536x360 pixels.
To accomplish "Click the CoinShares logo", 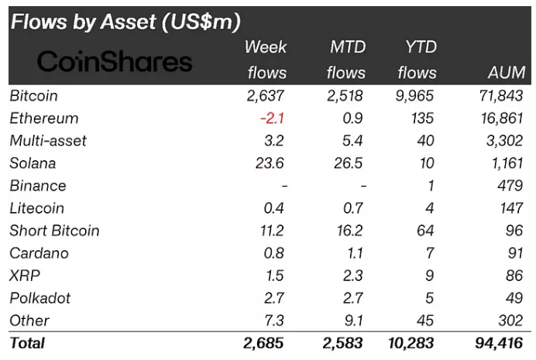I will [x=115, y=60].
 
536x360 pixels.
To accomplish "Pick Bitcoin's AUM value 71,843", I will [x=500, y=96].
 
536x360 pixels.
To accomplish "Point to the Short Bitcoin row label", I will [x=54, y=231].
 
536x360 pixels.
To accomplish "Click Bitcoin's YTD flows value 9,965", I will [x=414, y=96].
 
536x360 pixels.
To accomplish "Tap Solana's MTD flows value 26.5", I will [x=347, y=163].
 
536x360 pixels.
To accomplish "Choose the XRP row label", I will [x=25, y=276].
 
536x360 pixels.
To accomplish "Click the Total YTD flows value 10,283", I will [x=411, y=343].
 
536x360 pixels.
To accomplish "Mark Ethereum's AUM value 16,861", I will [x=500, y=118].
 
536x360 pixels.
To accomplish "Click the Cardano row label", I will [x=39, y=253].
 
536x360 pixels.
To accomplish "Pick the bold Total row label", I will [x=27, y=343].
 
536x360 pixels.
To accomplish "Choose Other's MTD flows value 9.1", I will [x=351, y=321].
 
